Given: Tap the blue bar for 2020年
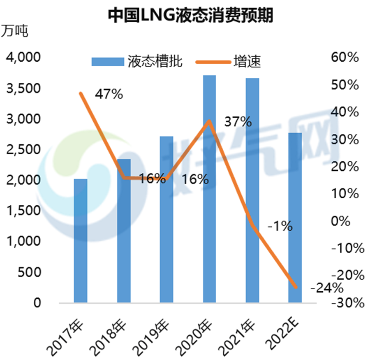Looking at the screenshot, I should (209, 189).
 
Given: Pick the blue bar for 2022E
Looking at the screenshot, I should (295, 218).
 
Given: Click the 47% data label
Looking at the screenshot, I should (109, 94).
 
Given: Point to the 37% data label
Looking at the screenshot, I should (238, 122).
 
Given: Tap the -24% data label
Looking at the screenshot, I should (327, 288).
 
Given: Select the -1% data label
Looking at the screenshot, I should (279, 226).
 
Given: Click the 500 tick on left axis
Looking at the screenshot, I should (30, 272).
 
